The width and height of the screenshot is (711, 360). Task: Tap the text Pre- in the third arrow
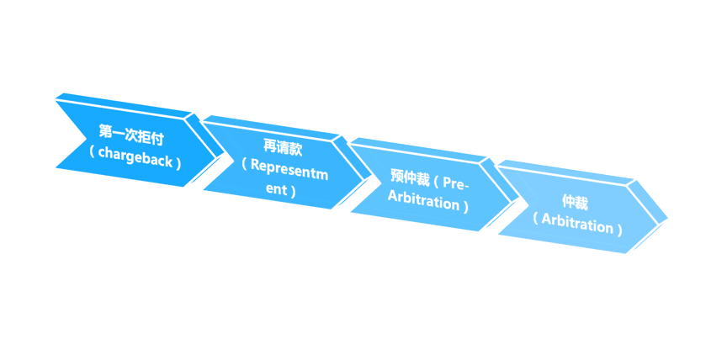(x=456, y=183)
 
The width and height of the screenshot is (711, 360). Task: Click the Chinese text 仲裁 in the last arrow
(x=575, y=203)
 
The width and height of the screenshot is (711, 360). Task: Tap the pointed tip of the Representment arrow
(x=365, y=176)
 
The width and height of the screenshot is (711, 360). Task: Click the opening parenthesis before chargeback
(x=92, y=152)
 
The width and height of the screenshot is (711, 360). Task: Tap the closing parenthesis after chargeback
(x=178, y=159)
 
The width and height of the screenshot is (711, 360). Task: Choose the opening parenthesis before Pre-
(x=436, y=180)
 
